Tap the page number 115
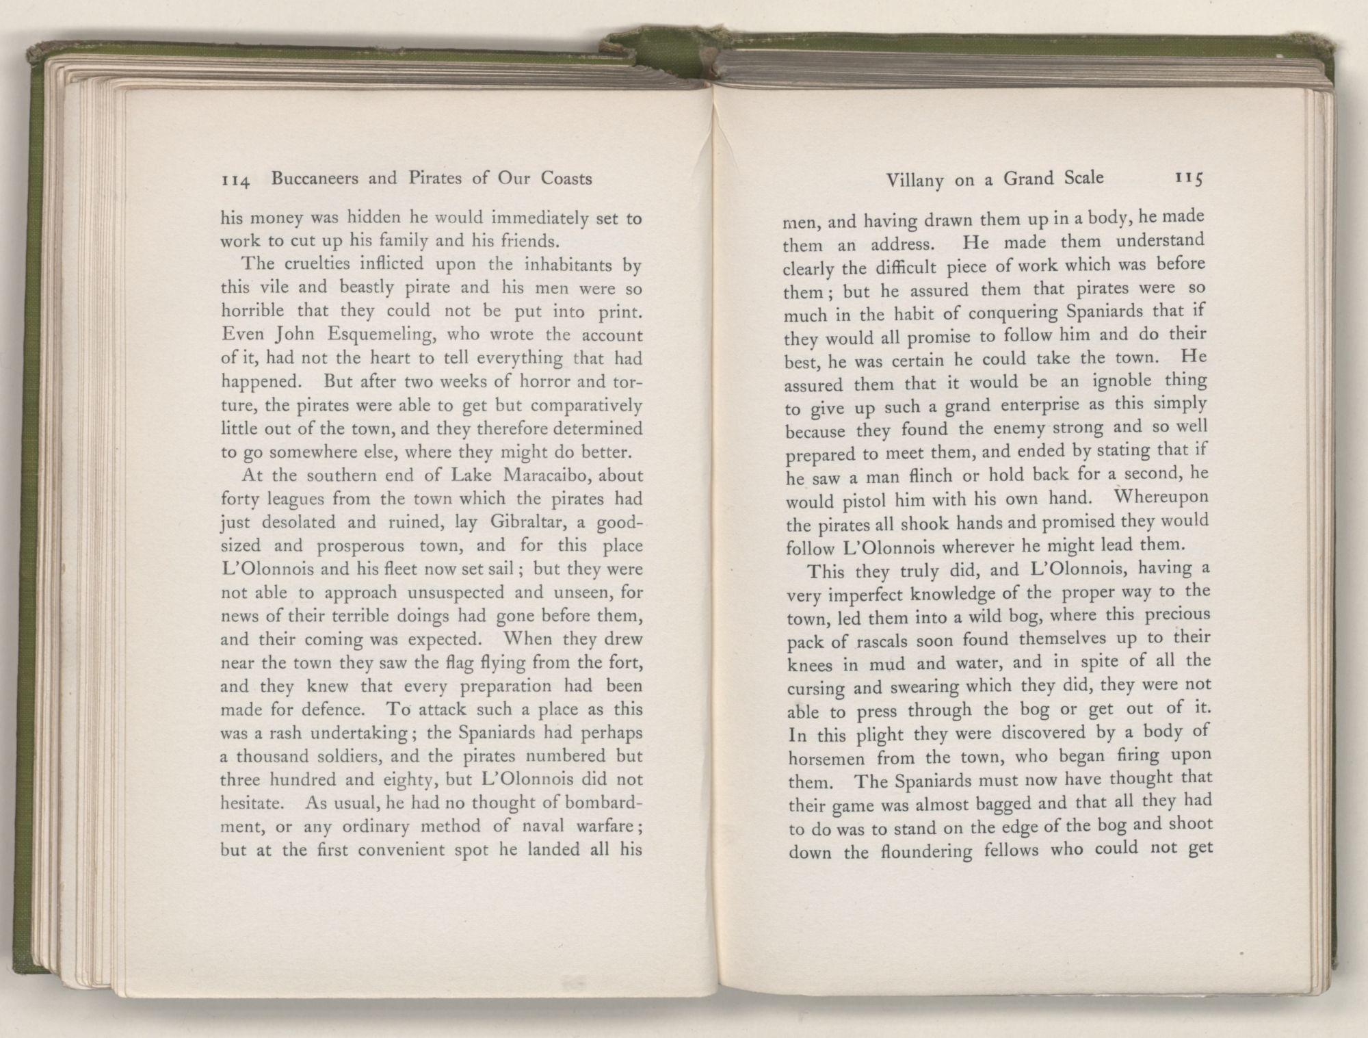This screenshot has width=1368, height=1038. [x=1189, y=179]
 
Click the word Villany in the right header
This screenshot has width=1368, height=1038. [x=916, y=181]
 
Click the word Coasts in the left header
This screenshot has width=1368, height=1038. [x=566, y=179]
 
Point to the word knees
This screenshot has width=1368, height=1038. [x=810, y=665]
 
